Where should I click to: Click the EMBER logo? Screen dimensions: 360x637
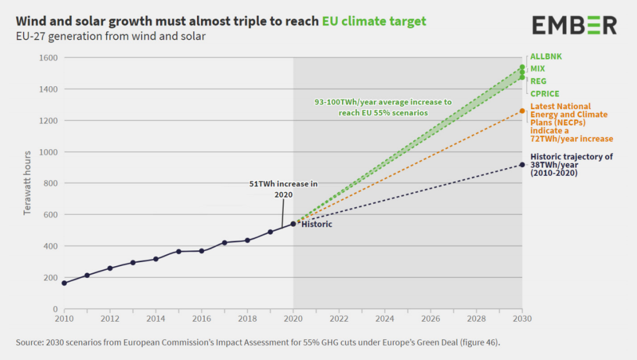coord(574,25)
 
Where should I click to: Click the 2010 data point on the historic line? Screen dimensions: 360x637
coord(64,283)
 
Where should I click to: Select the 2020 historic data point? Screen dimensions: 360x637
coord(293,224)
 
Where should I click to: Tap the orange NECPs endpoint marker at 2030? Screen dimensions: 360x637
coord(522,111)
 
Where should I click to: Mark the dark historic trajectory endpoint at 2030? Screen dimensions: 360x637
coord(522,165)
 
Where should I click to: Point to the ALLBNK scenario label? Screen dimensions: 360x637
coord(546,57)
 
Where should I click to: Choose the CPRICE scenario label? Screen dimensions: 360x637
coord(545,93)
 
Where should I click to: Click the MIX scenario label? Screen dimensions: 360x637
coord(538,69)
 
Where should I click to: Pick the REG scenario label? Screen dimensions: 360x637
coord(539,81)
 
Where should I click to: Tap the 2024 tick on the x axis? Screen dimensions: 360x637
coord(385,318)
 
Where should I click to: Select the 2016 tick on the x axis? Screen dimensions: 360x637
coord(202,318)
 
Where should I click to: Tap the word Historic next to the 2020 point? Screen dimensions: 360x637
coord(317,224)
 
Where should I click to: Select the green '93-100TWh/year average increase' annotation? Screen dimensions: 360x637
coord(383,107)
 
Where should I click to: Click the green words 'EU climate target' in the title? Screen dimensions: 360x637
coord(374,21)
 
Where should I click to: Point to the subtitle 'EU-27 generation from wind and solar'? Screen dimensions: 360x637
coord(110,37)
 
